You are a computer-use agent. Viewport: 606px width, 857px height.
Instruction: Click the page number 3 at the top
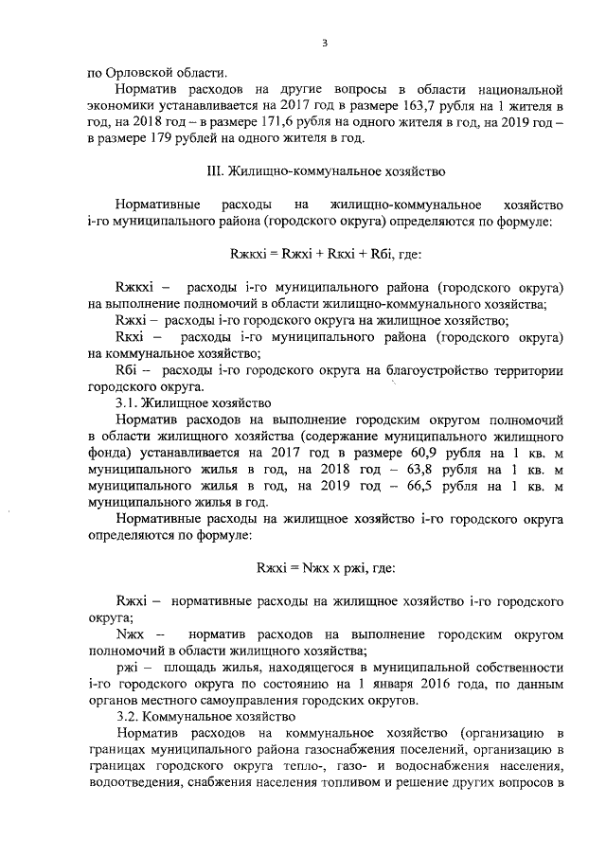pos(325,43)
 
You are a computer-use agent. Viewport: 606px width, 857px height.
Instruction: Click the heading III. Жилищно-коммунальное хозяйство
pos(325,171)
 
